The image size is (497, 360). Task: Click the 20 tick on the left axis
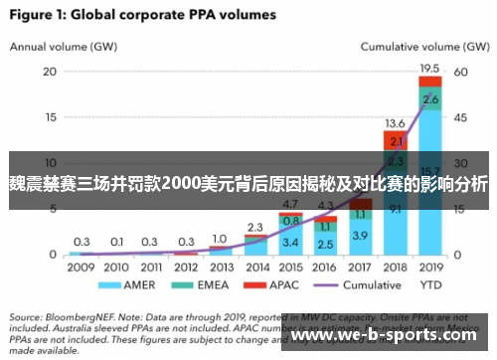(x=50, y=72)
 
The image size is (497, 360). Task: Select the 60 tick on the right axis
(x=460, y=72)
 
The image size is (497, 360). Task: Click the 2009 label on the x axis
(x=82, y=268)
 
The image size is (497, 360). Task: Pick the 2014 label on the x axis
(x=255, y=268)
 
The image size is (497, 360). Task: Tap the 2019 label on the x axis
(x=429, y=268)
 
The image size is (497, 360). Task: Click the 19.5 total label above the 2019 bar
(x=429, y=68)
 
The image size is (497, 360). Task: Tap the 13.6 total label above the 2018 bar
(x=395, y=122)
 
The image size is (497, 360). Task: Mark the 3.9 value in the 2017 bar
(x=360, y=235)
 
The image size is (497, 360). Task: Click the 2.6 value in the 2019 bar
(x=429, y=99)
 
